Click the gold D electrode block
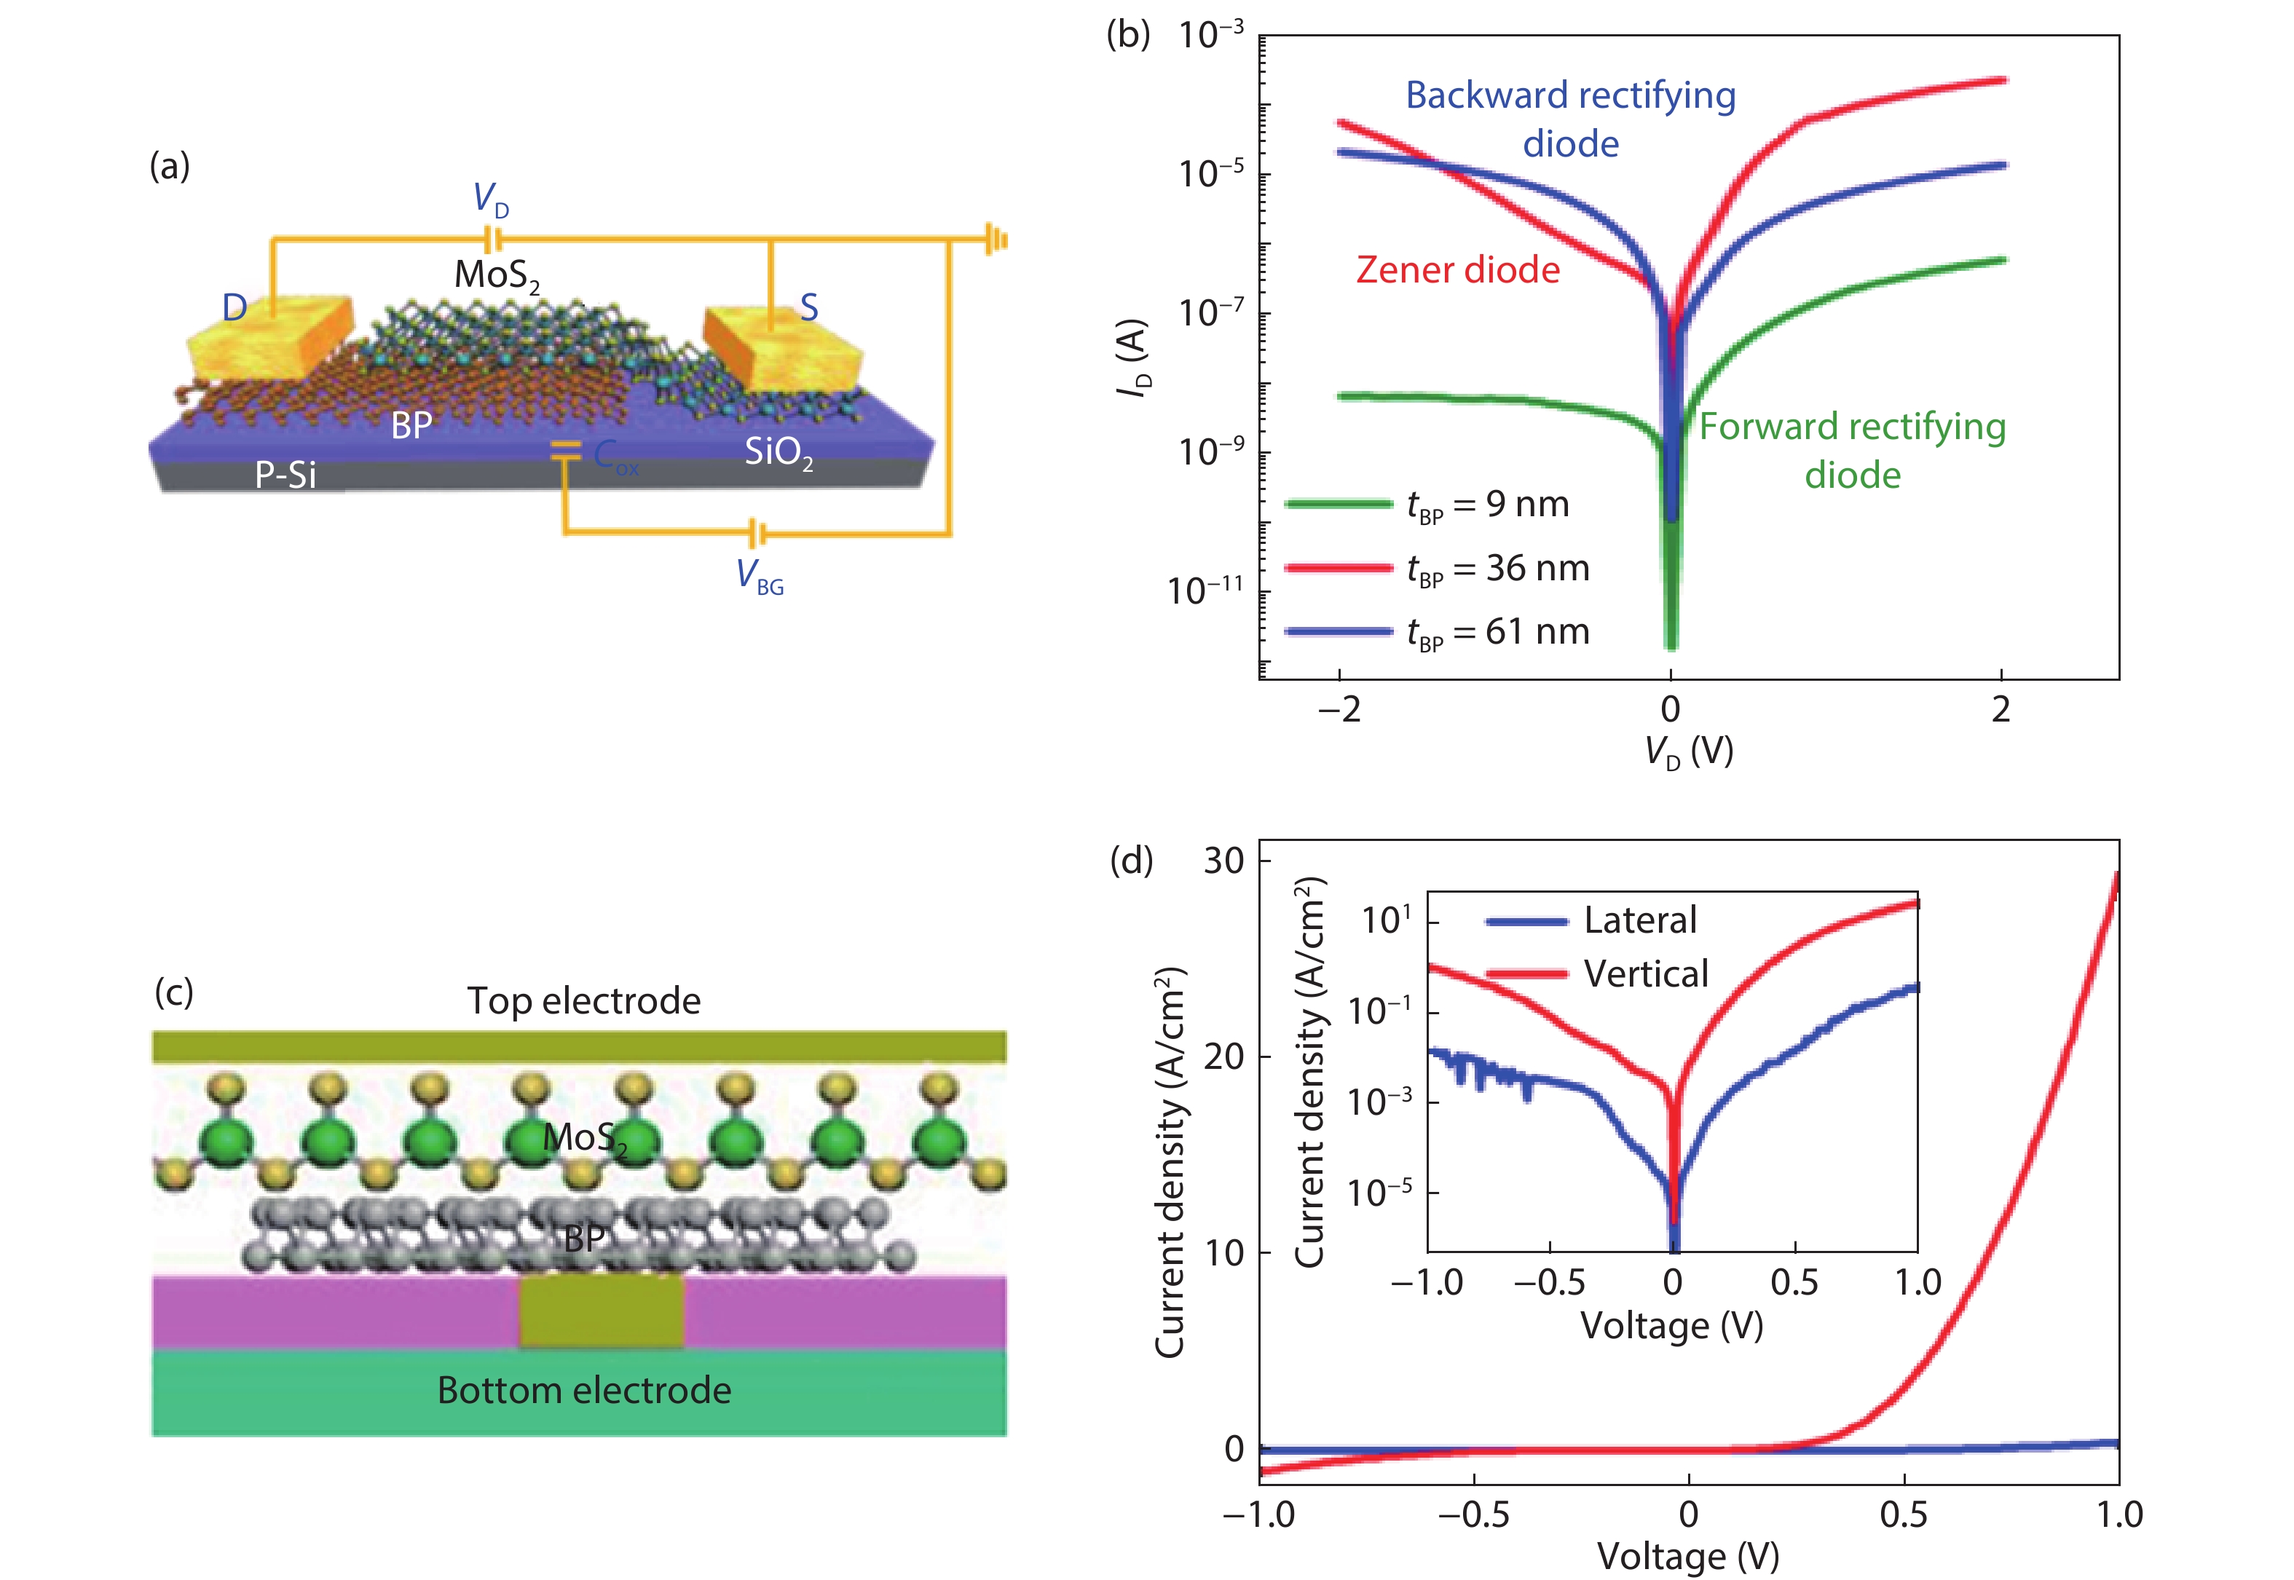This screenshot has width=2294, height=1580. click(x=269, y=341)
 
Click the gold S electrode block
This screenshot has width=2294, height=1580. click(x=782, y=352)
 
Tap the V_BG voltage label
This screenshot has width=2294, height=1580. click(x=760, y=576)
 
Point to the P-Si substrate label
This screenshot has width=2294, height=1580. click(x=285, y=475)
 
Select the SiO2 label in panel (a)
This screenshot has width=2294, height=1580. click(x=779, y=454)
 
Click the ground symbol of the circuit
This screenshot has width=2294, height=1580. click(x=996, y=240)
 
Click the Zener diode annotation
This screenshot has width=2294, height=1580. click(x=1457, y=270)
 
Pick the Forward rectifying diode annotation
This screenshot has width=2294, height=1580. click(x=1853, y=451)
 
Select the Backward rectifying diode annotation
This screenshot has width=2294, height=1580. click(x=1570, y=119)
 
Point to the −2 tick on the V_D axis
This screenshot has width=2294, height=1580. click(x=1339, y=710)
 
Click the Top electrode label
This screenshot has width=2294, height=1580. click(x=584, y=1001)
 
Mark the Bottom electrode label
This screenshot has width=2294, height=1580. click(x=584, y=1391)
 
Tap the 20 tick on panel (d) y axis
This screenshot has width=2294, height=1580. click(x=1223, y=1057)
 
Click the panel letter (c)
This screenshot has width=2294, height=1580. click(x=173, y=991)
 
